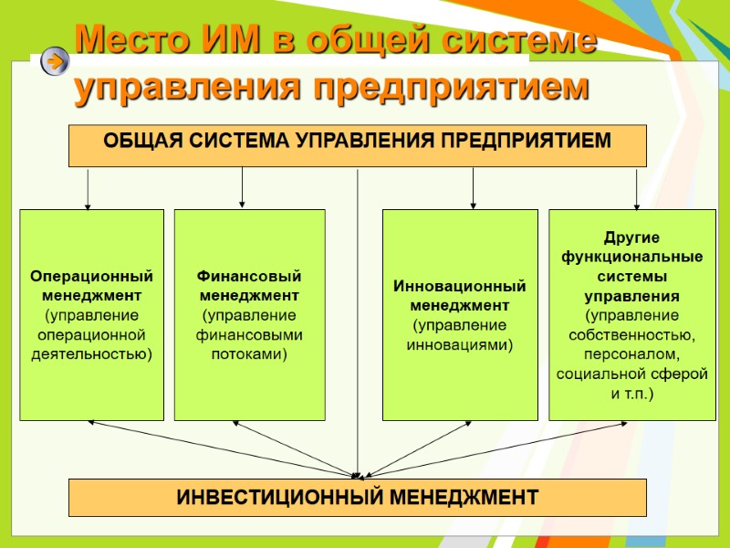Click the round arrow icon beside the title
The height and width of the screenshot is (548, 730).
[56, 61]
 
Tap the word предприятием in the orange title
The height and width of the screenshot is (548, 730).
[451, 88]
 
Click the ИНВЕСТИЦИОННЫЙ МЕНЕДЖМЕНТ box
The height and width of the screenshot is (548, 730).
[358, 498]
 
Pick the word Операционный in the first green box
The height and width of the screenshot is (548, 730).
[91, 276]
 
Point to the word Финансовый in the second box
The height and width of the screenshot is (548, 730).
[249, 276]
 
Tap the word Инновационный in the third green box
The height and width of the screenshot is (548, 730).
[460, 286]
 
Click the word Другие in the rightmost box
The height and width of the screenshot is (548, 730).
[631, 237]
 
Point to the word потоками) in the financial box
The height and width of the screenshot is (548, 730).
[249, 354]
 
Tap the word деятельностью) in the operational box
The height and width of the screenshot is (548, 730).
[91, 354]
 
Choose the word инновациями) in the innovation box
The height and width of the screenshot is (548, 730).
[460, 344]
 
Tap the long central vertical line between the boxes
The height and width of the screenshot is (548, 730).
[358, 320]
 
